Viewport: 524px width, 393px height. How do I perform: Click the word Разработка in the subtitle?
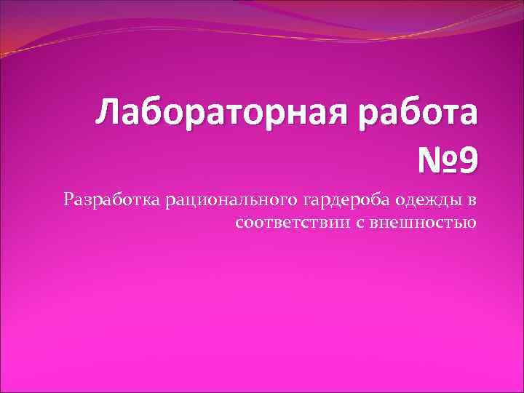pyautogui.click(x=112, y=199)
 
